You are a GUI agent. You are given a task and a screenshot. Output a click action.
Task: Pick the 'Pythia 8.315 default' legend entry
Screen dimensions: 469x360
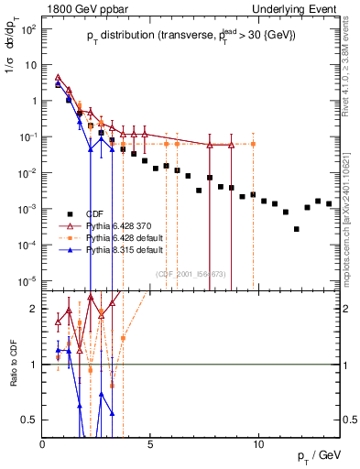point(127,248)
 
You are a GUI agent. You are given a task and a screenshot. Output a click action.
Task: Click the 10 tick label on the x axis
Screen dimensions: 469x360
point(258,443)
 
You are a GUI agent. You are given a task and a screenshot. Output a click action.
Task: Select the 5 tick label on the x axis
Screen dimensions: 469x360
point(150,443)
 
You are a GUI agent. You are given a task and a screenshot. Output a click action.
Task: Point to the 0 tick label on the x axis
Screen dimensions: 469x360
point(43,443)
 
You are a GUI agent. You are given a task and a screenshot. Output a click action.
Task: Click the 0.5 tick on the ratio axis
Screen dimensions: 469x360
point(30,420)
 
